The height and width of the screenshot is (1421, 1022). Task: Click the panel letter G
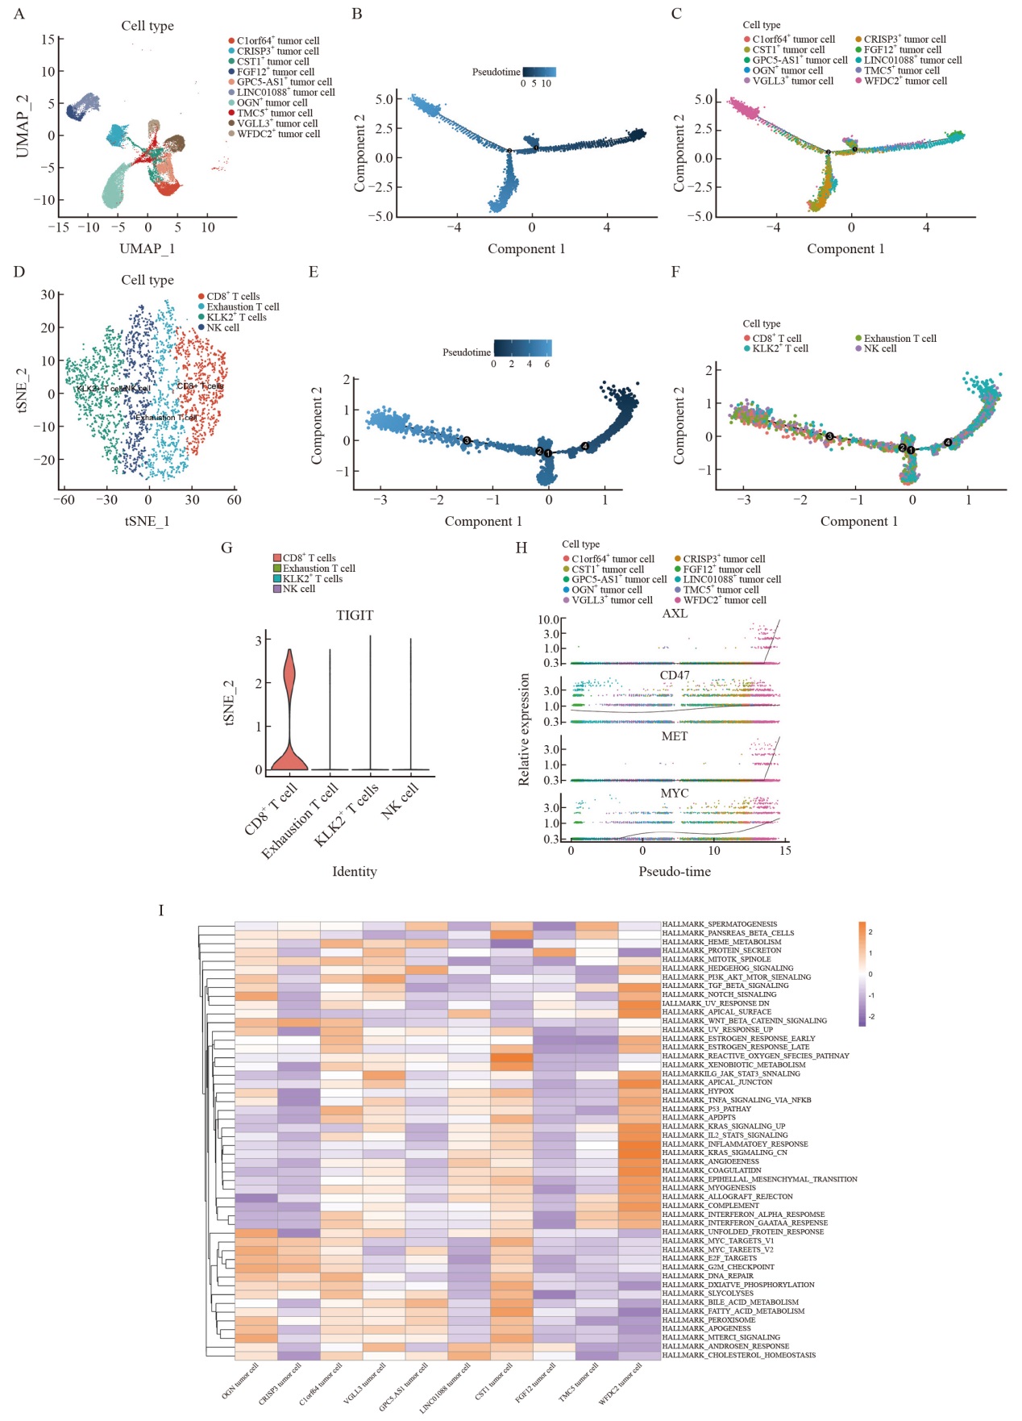(226, 548)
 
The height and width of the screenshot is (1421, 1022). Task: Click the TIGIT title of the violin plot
(355, 615)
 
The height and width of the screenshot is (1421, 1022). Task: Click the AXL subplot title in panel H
(675, 614)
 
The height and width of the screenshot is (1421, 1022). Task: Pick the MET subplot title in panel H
(675, 736)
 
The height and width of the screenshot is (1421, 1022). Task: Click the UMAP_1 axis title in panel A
(147, 248)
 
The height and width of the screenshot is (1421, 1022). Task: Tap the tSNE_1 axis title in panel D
(147, 521)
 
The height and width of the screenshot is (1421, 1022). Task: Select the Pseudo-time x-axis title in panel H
(675, 871)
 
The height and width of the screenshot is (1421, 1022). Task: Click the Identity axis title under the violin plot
(355, 871)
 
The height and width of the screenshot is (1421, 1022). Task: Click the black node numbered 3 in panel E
(467, 440)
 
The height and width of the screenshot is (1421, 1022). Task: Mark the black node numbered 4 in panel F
(948, 442)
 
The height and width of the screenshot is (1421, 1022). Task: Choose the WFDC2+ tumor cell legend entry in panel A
(278, 134)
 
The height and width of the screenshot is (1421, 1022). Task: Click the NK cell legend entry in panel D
(222, 327)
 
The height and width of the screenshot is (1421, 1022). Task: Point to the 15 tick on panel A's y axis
(48, 40)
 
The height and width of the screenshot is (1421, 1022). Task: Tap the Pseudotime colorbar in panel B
(538, 72)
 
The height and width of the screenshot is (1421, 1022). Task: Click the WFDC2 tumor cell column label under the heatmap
(621, 1382)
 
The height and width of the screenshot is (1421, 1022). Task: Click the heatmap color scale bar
(862, 973)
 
